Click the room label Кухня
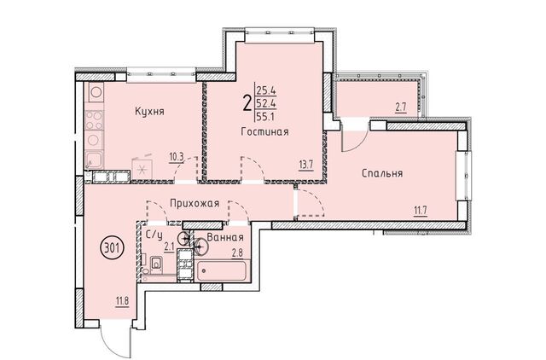click(149, 112)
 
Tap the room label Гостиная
click(265, 132)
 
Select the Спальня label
click(382, 173)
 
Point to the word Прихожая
click(195, 203)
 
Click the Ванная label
click(225, 237)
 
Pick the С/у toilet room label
click(154, 235)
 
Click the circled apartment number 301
click(112, 248)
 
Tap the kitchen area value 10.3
click(177, 157)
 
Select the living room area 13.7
click(307, 164)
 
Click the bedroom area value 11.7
click(421, 211)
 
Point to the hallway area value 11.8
click(122, 300)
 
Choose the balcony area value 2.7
click(401, 107)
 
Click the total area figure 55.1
click(265, 116)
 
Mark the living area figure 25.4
click(266, 91)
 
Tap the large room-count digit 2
click(247, 103)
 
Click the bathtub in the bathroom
click(222, 271)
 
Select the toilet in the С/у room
click(156, 264)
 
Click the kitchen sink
click(94, 160)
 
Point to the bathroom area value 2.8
click(237, 253)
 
